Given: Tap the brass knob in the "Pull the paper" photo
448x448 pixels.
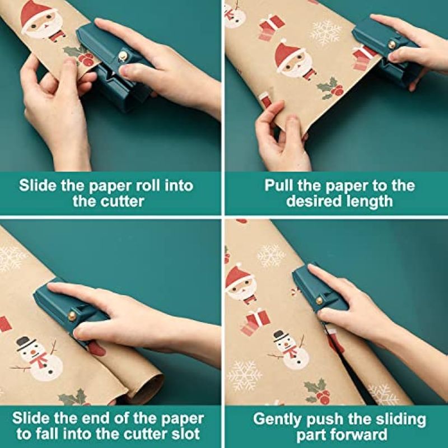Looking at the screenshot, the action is (392, 44).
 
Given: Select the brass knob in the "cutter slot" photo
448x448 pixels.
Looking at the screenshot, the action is (72, 316).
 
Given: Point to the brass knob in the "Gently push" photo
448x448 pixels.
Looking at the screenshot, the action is (319, 300).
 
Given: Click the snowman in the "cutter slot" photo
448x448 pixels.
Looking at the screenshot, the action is (36, 358).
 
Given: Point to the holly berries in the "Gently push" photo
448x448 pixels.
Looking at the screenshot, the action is (322, 396).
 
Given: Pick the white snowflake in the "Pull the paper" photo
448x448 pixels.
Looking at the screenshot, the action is (325, 33).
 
